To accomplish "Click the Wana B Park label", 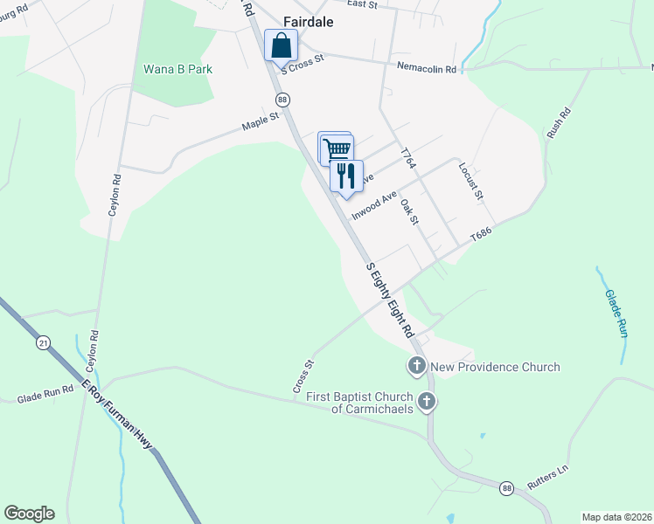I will pyautogui.click(x=177, y=69).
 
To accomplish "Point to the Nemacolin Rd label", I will pyautogui.click(x=427, y=68).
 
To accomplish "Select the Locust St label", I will pyautogui.click(x=471, y=180).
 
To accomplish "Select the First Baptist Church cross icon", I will pyautogui.click(x=427, y=402).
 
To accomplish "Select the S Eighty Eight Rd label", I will pyautogui.click(x=390, y=300).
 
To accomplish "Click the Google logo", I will pyautogui.click(x=29, y=513).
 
